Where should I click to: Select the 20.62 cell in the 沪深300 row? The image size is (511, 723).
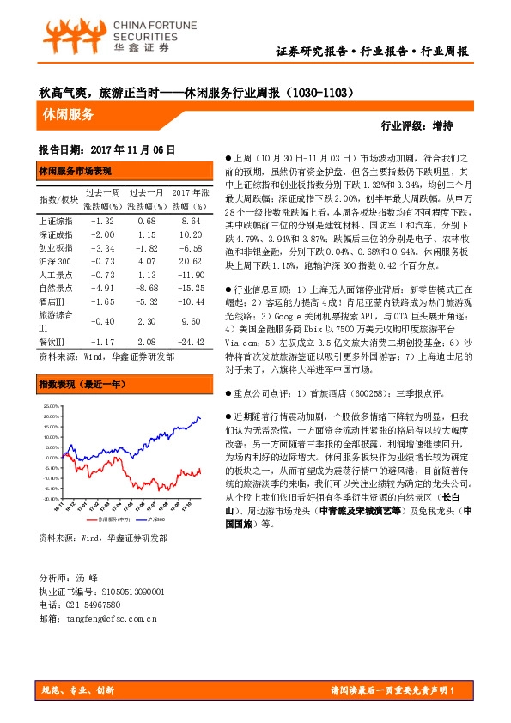coord(187,260)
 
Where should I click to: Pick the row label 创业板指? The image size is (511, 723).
coord(53,246)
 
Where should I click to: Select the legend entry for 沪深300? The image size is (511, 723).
coord(156,519)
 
